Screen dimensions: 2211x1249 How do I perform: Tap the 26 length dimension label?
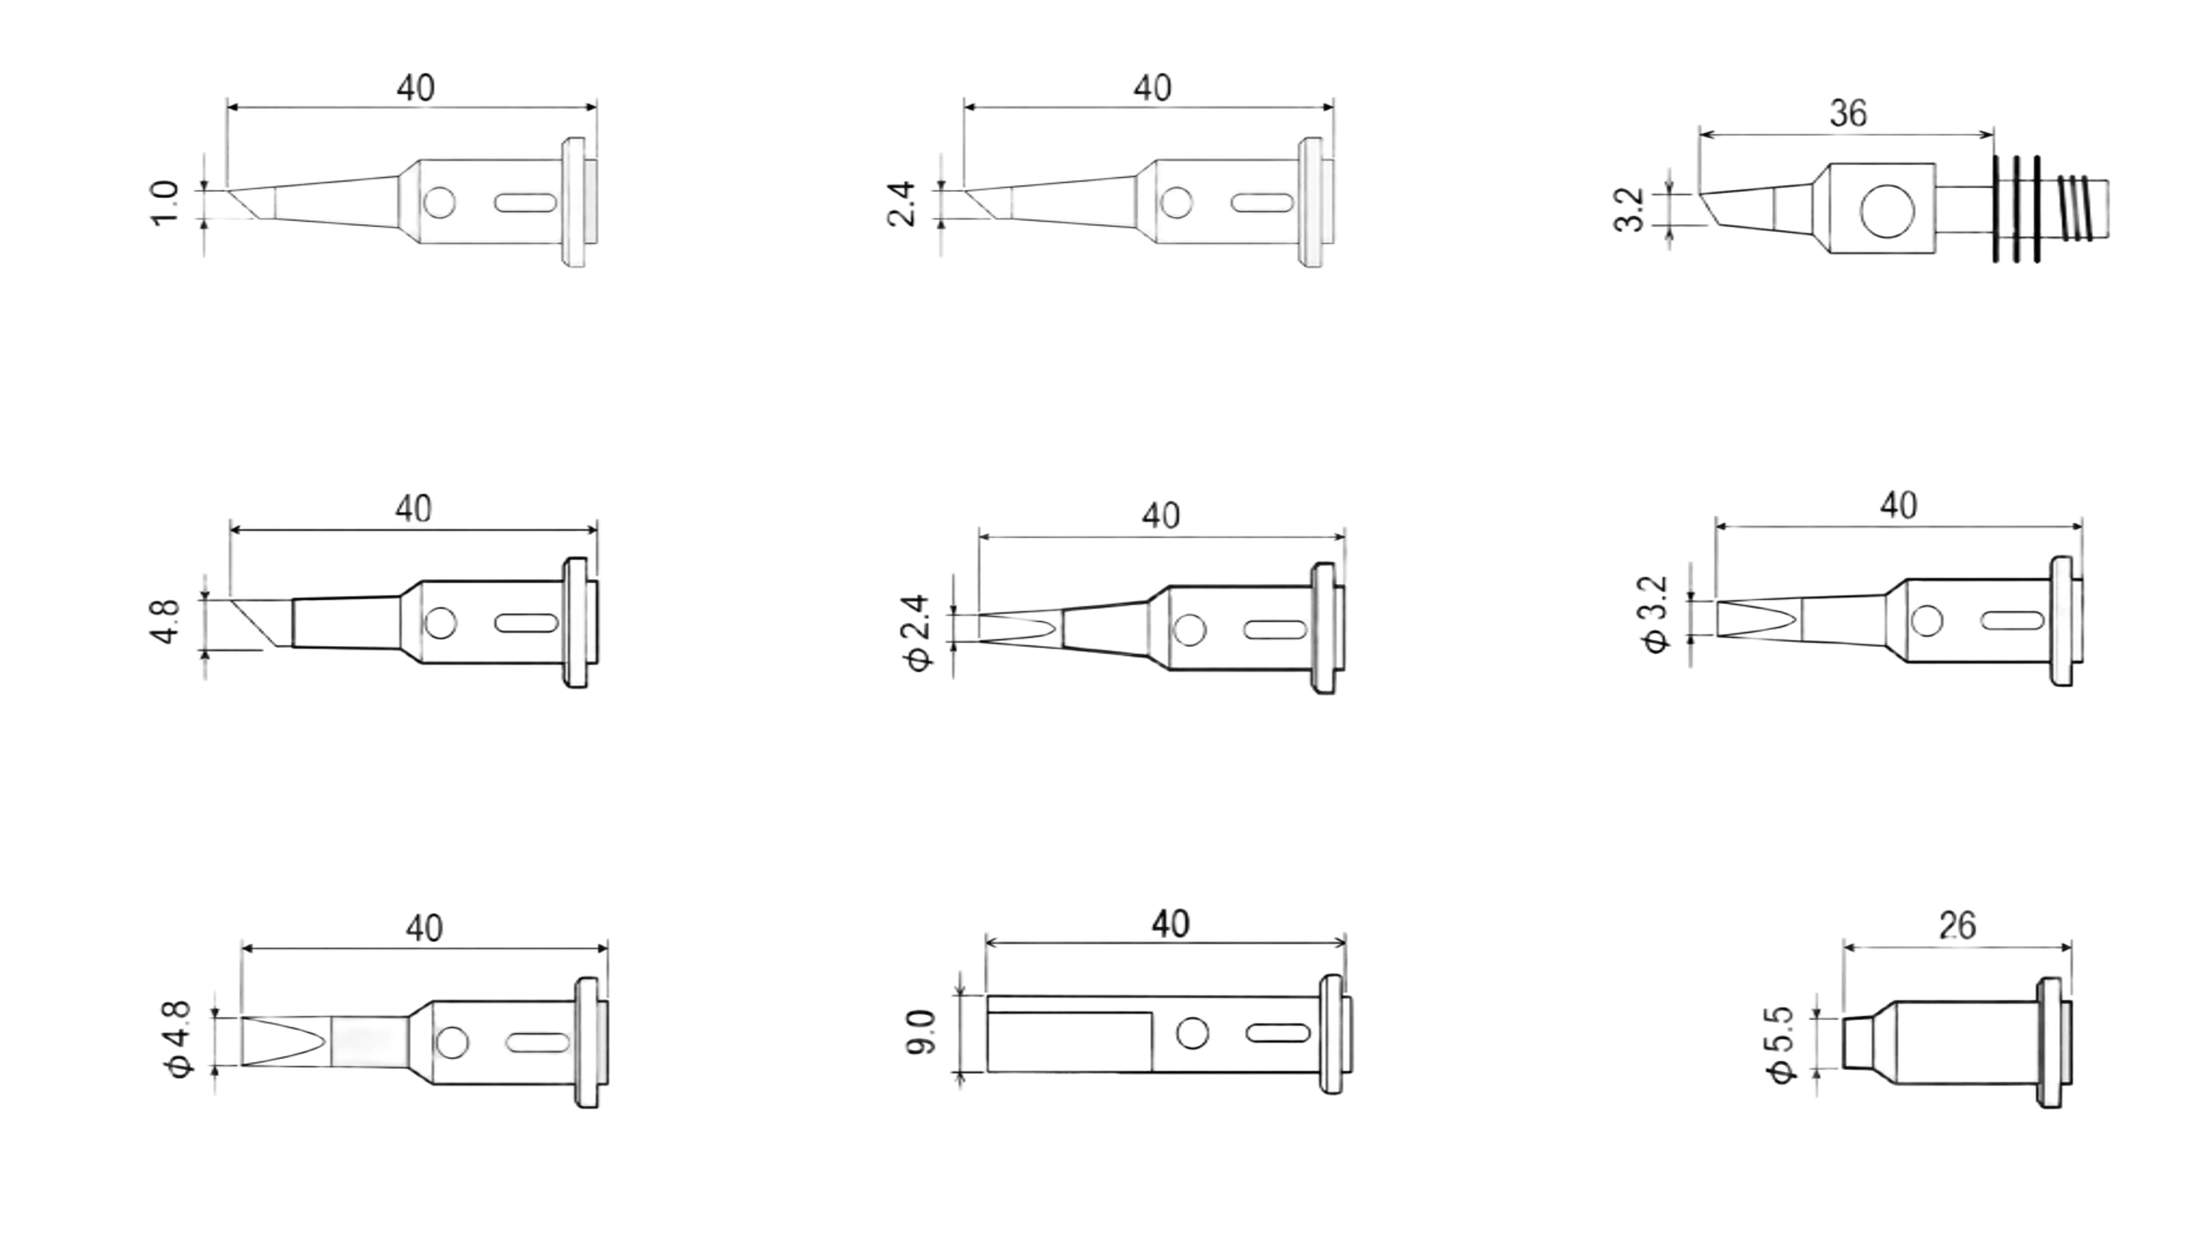coord(1957,925)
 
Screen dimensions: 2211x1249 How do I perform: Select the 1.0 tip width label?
coord(165,203)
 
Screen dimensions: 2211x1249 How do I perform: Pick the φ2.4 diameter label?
coord(917,634)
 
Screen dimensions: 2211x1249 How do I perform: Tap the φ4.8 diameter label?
coord(180,1040)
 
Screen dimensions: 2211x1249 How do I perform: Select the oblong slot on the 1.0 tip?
coord(525,203)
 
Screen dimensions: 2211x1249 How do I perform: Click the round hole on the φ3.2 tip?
coord(1927,621)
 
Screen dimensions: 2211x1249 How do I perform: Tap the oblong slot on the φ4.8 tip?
coord(537,1043)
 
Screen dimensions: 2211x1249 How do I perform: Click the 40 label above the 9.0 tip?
coord(1170,924)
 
